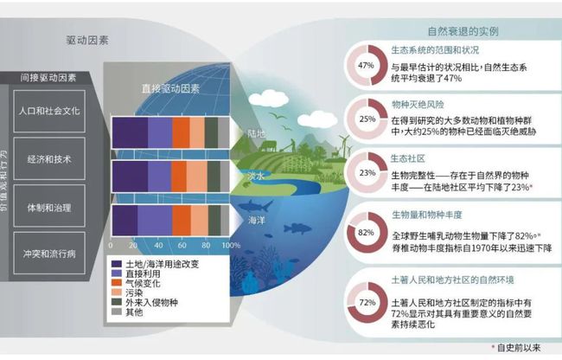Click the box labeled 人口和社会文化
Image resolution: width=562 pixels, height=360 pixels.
(x=51, y=112)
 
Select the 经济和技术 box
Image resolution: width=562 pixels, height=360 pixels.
(x=51, y=160)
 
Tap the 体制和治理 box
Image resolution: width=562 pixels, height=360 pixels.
(x=51, y=208)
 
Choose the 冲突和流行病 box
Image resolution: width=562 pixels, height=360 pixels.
(x=51, y=256)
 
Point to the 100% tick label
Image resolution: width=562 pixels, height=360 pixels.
(x=232, y=246)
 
